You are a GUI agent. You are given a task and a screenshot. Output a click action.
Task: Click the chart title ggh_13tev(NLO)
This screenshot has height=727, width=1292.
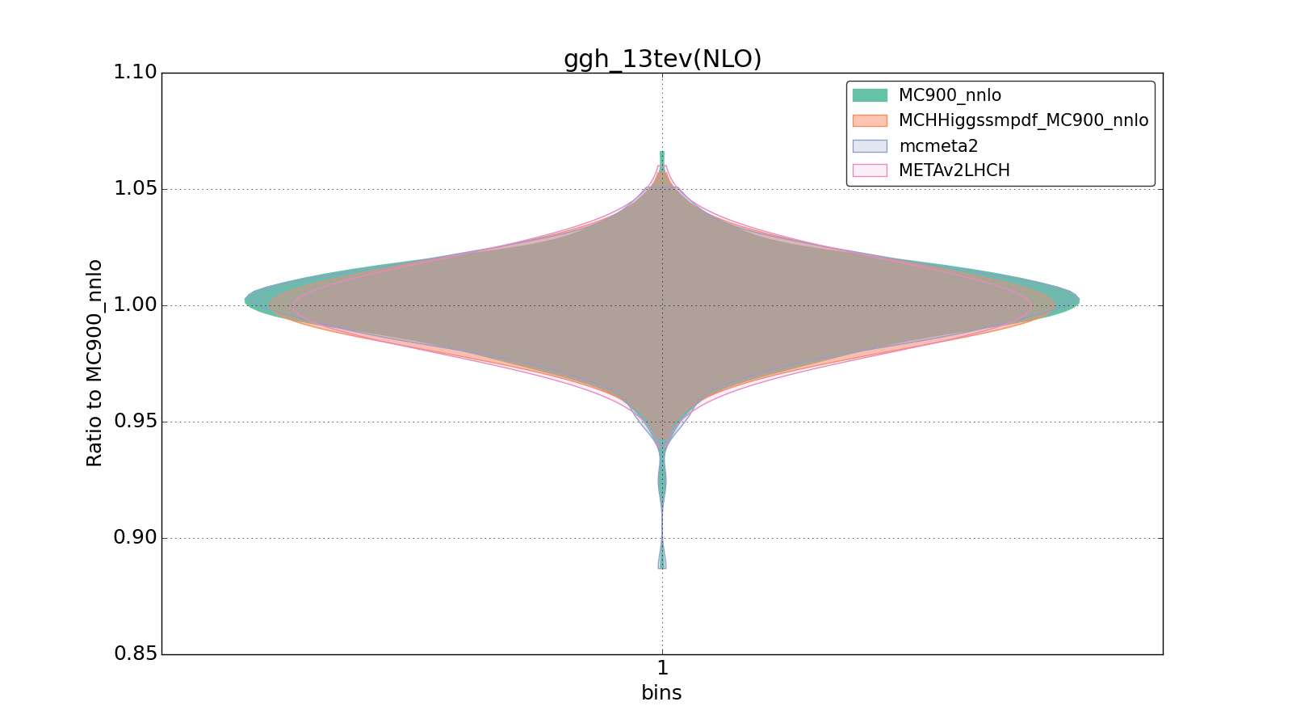662,59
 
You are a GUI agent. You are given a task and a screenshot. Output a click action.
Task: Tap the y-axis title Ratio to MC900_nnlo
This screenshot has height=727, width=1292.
94,363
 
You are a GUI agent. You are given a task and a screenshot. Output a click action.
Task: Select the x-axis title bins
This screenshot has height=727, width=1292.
661,693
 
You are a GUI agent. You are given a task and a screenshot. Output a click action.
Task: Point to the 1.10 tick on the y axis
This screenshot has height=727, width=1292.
135,73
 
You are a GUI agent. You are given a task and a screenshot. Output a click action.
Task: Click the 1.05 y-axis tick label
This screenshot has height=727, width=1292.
135,189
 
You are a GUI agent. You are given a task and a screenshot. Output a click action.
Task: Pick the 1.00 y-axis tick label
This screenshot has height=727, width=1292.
135,305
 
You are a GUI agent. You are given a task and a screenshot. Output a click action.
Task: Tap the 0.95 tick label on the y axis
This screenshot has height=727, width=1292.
135,422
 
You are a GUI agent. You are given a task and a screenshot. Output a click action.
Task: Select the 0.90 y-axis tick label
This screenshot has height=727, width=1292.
135,538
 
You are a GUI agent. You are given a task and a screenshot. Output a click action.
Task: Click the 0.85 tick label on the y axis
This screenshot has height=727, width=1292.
135,654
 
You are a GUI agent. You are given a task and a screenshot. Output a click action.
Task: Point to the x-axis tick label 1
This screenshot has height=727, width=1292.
662,669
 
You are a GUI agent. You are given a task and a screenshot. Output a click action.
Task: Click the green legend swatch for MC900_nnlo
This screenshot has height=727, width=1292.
870,95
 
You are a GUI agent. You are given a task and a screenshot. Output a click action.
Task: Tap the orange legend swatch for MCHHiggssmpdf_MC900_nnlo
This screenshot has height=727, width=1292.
870,120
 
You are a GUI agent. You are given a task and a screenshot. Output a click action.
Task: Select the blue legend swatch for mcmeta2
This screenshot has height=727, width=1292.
870,146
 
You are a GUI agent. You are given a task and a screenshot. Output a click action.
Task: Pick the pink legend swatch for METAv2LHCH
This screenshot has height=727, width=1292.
870,170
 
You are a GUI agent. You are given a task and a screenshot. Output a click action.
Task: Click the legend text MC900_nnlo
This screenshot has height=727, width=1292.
950,95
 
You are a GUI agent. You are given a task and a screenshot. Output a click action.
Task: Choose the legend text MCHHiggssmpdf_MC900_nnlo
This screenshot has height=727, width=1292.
1023,120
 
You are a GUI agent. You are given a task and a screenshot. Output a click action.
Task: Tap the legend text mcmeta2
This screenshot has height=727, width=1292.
938,146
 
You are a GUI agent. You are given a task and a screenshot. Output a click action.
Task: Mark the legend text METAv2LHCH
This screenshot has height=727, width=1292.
954,170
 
